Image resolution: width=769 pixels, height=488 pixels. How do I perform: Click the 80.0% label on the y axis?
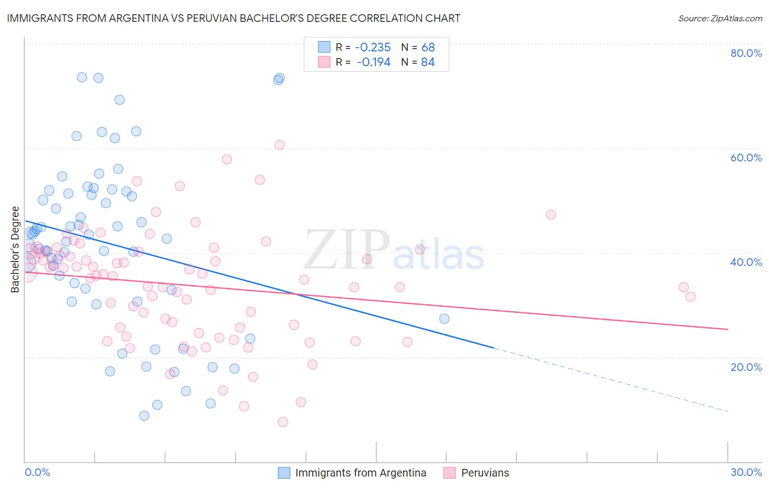coord(746,53)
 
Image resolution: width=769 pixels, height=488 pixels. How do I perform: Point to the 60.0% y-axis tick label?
coord(746,158)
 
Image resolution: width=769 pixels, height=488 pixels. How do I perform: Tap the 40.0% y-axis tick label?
coord(746,262)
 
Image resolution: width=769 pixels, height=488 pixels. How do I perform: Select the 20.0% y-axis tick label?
coord(746,367)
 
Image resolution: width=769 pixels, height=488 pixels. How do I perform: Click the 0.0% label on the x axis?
coord(37,472)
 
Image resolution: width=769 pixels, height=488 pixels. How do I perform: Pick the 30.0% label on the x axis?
coord(746,472)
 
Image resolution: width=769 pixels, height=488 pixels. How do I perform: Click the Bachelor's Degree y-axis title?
coord(15,249)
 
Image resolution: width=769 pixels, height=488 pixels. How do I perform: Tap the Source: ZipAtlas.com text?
coord(720,19)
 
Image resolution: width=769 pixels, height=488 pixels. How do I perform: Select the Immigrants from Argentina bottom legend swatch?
coord(284,473)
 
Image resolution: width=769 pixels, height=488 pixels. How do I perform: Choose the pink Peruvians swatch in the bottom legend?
coord(450,473)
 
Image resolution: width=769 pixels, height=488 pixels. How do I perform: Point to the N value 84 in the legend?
coord(428,62)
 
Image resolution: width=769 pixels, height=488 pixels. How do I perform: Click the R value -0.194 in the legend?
coord(374,62)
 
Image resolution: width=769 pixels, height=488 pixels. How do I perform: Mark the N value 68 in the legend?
coord(428,48)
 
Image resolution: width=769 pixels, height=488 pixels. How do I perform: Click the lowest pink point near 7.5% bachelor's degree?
coord(283,422)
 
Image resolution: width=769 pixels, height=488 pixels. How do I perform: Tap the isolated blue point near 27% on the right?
coord(444,318)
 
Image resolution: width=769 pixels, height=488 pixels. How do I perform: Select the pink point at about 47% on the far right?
coord(551,214)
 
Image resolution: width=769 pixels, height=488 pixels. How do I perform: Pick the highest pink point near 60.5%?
coord(279,145)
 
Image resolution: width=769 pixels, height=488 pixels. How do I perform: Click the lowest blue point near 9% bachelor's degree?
coord(144,416)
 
